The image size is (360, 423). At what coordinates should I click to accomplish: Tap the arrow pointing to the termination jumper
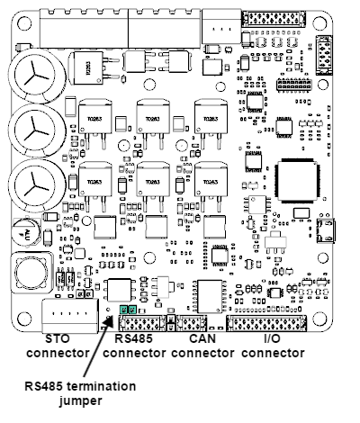[x=99, y=346]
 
